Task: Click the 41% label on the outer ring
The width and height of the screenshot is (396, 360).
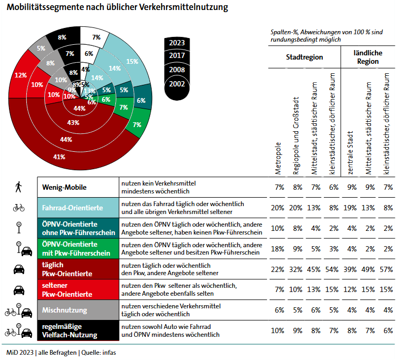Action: coord(59,157)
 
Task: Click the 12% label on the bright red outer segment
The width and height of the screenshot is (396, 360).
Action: coord(21,75)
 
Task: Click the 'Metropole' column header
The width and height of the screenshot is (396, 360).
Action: coord(279,158)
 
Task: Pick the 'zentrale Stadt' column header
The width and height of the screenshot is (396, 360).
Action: coord(350,153)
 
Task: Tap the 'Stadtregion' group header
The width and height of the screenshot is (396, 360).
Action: coord(304,57)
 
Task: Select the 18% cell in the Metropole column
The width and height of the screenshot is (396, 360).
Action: coord(278,249)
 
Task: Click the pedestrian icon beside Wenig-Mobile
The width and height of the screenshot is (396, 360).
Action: coord(19,187)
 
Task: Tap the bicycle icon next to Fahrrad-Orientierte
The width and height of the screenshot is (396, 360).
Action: coord(19,208)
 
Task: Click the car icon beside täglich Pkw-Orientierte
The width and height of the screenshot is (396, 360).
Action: coord(19,269)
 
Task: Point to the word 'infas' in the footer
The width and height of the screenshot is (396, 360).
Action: coord(106,352)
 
